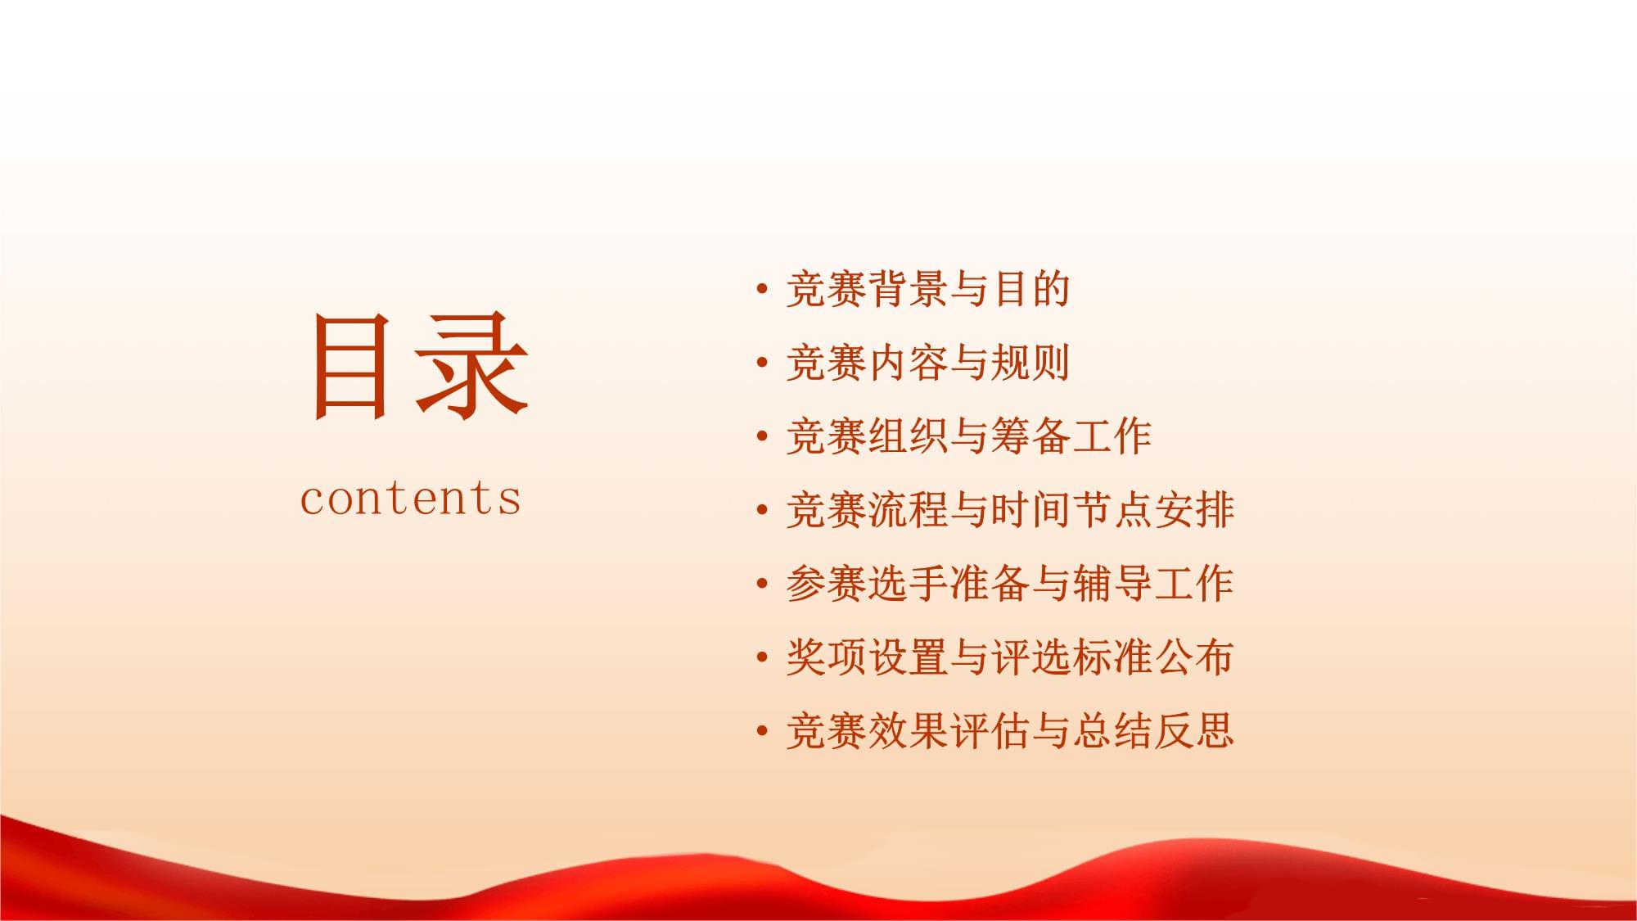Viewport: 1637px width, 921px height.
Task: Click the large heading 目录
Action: click(x=419, y=366)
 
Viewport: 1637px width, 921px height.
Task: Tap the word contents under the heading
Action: click(x=411, y=499)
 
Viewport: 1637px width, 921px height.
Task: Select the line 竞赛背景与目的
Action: click(x=928, y=289)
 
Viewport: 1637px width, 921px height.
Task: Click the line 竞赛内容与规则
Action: click(x=928, y=363)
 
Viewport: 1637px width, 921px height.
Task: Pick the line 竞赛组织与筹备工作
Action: click(x=969, y=436)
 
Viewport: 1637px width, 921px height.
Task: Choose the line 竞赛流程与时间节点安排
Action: click(x=1010, y=510)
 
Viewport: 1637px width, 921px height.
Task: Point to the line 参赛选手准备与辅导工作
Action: click(x=1010, y=584)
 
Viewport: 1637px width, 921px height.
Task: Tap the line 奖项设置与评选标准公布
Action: click(x=1010, y=657)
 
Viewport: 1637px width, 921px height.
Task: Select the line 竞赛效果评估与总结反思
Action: click(x=1010, y=731)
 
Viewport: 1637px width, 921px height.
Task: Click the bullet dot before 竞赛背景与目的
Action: click(x=763, y=289)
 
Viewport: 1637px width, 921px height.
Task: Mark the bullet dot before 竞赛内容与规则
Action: click(x=763, y=363)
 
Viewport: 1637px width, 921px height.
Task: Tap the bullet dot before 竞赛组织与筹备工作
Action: click(x=763, y=436)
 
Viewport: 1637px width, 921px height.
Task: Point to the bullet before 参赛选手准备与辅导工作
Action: click(x=763, y=584)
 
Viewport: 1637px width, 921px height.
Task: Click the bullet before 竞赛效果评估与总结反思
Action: click(x=763, y=731)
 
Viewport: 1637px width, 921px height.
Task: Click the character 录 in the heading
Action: click(x=472, y=368)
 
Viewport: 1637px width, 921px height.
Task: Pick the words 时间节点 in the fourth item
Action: click(x=1071, y=510)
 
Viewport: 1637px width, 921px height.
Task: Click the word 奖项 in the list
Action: click(x=826, y=657)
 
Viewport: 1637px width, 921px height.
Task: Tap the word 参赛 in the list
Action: click(x=826, y=584)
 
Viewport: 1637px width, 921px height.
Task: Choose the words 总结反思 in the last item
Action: click(x=1153, y=731)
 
